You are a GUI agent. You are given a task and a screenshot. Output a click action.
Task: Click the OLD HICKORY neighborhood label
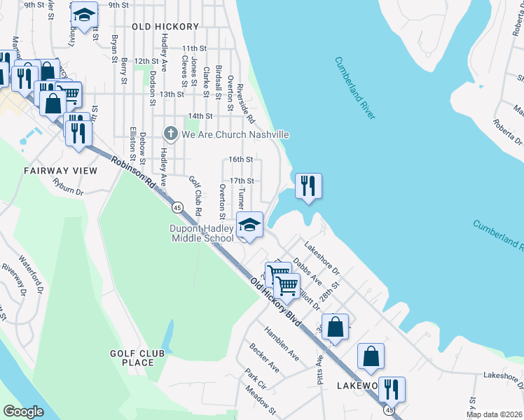pos(165,27)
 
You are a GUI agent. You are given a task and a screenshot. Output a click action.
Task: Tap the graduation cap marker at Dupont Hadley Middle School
pos(249,225)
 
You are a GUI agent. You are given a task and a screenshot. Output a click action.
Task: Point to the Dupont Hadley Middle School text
pos(201,233)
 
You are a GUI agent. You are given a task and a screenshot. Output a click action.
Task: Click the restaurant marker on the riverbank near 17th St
pos(308,185)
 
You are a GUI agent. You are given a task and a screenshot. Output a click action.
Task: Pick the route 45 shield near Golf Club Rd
pos(177,207)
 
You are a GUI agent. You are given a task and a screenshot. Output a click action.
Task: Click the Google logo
pos(23,411)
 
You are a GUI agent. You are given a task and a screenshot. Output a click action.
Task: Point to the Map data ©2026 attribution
pos(494,414)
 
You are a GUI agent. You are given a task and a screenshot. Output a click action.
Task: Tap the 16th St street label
pos(240,160)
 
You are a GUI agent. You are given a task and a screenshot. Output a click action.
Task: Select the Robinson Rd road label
pos(132,176)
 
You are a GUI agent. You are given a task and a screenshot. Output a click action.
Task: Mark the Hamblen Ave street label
pos(281,344)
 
